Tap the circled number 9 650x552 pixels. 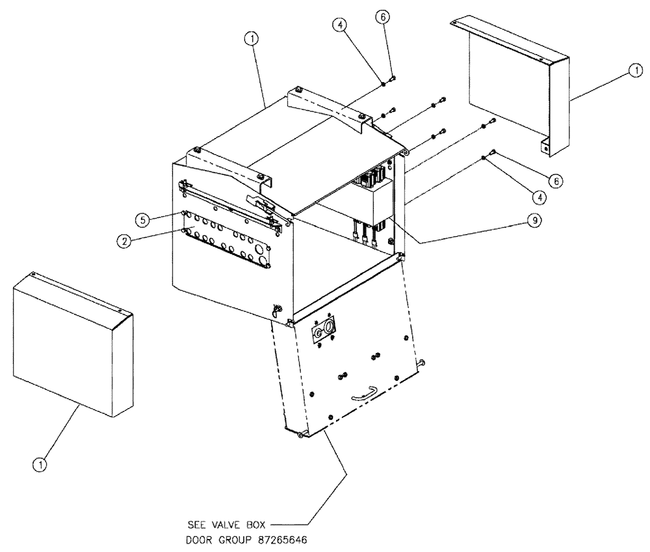[x=533, y=221]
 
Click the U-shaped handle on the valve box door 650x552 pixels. [x=364, y=393]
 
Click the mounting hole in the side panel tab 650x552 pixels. [x=546, y=148]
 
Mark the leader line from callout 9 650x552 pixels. [x=468, y=232]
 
